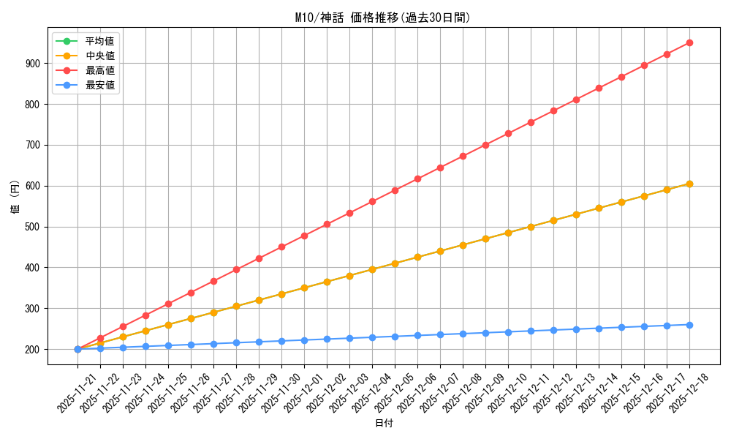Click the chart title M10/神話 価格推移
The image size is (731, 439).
(382, 18)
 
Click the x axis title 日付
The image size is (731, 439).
(384, 424)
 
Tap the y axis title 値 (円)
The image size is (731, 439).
(15, 198)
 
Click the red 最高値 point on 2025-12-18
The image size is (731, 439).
(689, 43)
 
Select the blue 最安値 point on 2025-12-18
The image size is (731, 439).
(689, 325)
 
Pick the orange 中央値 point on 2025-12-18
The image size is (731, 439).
(689, 184)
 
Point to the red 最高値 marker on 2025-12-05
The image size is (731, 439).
(395, 190)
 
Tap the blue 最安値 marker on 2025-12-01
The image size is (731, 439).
(304, 340)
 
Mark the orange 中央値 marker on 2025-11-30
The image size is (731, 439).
(281, 294)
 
